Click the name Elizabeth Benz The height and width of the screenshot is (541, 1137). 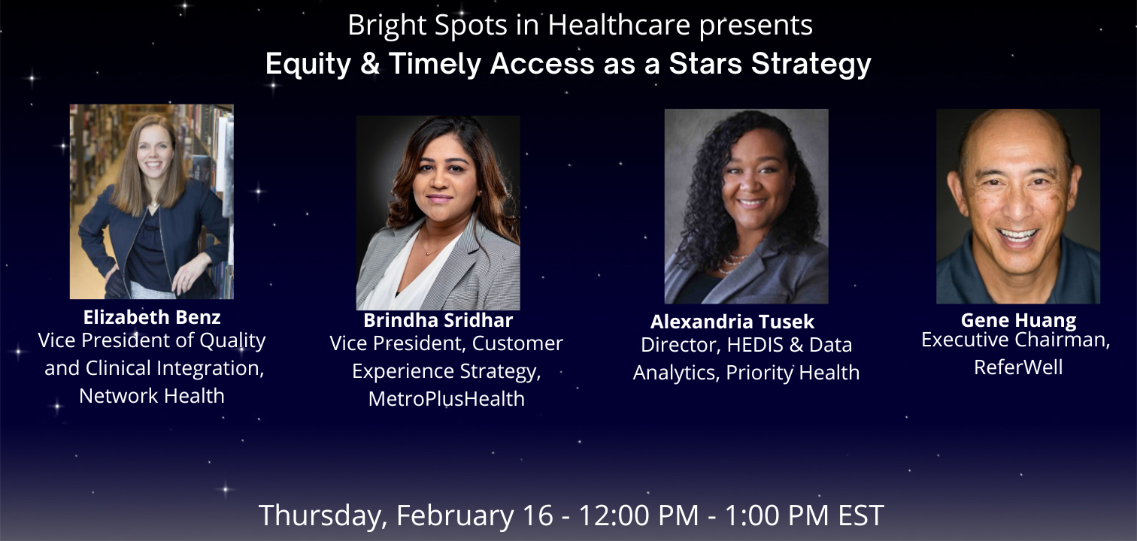click(x=152, y=318)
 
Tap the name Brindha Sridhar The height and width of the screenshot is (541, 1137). click(x=438, y=320)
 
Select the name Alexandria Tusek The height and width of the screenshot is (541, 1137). click(x=732, y=322)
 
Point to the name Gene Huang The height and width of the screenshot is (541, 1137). click(x=1018, y=320)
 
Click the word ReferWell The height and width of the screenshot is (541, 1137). click(x=1018, y=367)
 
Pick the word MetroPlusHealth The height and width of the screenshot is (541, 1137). click(x=446, y=399)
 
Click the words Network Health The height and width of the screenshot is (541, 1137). click(x=152, y=396)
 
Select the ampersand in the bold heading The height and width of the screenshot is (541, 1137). click(x=370, y=64)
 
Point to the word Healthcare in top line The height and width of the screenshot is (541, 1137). click(x=620, y=25)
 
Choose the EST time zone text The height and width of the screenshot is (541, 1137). click(x=860, y=515)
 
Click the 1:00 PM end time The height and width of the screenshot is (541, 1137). click(x=777, y=515)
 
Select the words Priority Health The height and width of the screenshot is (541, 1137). click(x=793, y=373)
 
